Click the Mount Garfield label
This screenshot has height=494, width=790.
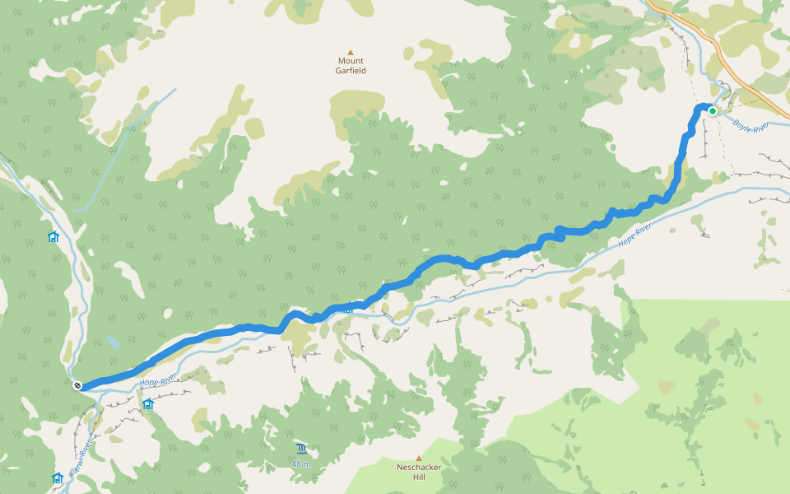[351, 66]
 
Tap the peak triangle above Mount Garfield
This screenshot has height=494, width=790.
[351, 52]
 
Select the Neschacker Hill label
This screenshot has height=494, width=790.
[418, 472]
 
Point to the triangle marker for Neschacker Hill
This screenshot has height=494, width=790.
[418, 459]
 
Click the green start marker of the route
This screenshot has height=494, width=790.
[713, 111]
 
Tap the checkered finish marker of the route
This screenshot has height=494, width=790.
[77, 385]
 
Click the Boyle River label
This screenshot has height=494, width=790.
[750, 126]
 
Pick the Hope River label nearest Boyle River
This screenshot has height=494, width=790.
[634, 235]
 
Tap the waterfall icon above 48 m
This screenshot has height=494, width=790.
[301, 449]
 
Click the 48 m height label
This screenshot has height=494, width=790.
[301, 464]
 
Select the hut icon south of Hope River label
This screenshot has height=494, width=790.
[148, 404]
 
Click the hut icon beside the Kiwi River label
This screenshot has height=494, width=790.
[57, 478]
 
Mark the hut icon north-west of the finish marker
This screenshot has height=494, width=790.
[53, 237]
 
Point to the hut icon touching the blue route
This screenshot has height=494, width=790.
[348, 309]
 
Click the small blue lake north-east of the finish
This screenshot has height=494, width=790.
[111, 341]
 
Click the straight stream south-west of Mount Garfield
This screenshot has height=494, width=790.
[123, 148]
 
